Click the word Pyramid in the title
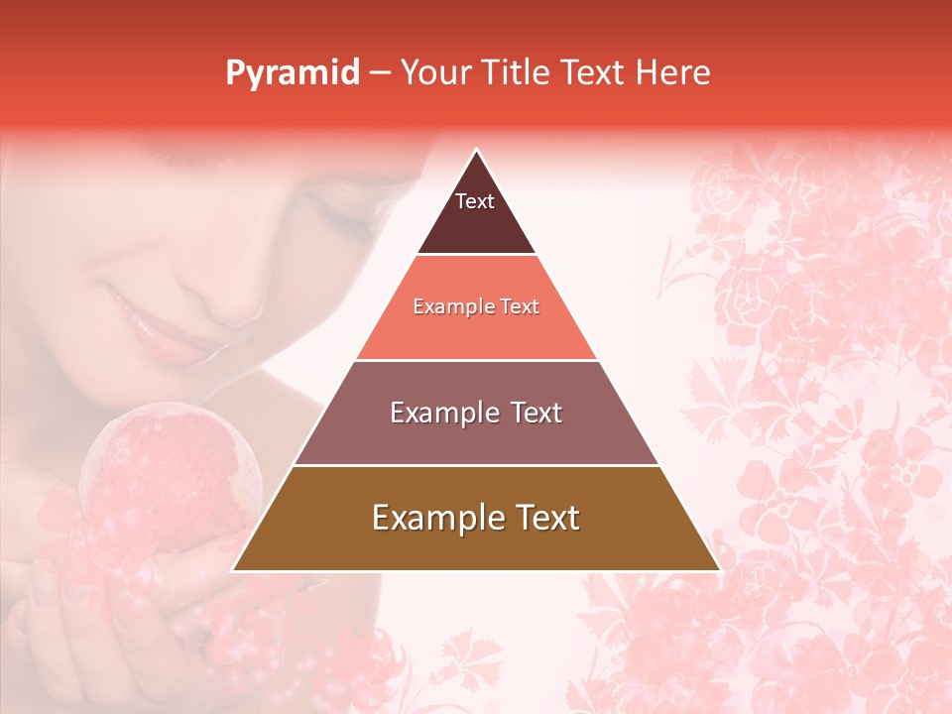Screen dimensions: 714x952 [x=293, y=73]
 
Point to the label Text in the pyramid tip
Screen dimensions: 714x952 [x=475, y=201]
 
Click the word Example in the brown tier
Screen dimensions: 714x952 [x=433, y=518]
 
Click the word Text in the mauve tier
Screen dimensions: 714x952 [x=531, y=413]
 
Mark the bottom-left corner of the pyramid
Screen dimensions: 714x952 [x=234, y=570]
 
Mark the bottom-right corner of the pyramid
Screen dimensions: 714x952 [x=719, y=570]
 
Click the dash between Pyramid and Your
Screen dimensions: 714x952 [x=380, y=73]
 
